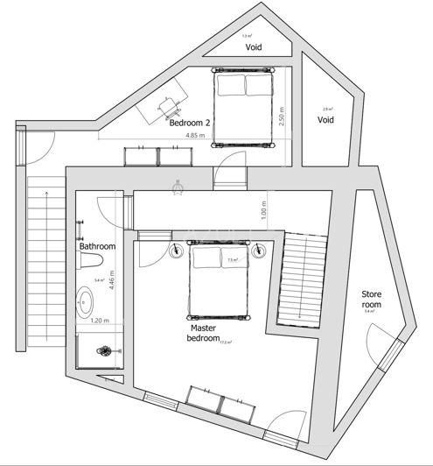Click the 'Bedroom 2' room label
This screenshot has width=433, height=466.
tap(191, 123)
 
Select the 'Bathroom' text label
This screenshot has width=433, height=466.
tap(98, 246)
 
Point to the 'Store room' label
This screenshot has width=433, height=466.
tap(373, 300)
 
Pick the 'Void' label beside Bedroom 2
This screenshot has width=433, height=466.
tap(325, 119)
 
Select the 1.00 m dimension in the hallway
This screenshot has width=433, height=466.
tap(263, 211)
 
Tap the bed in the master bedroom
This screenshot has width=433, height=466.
tap(219, 280)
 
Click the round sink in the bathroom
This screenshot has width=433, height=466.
tap(88, 304)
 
